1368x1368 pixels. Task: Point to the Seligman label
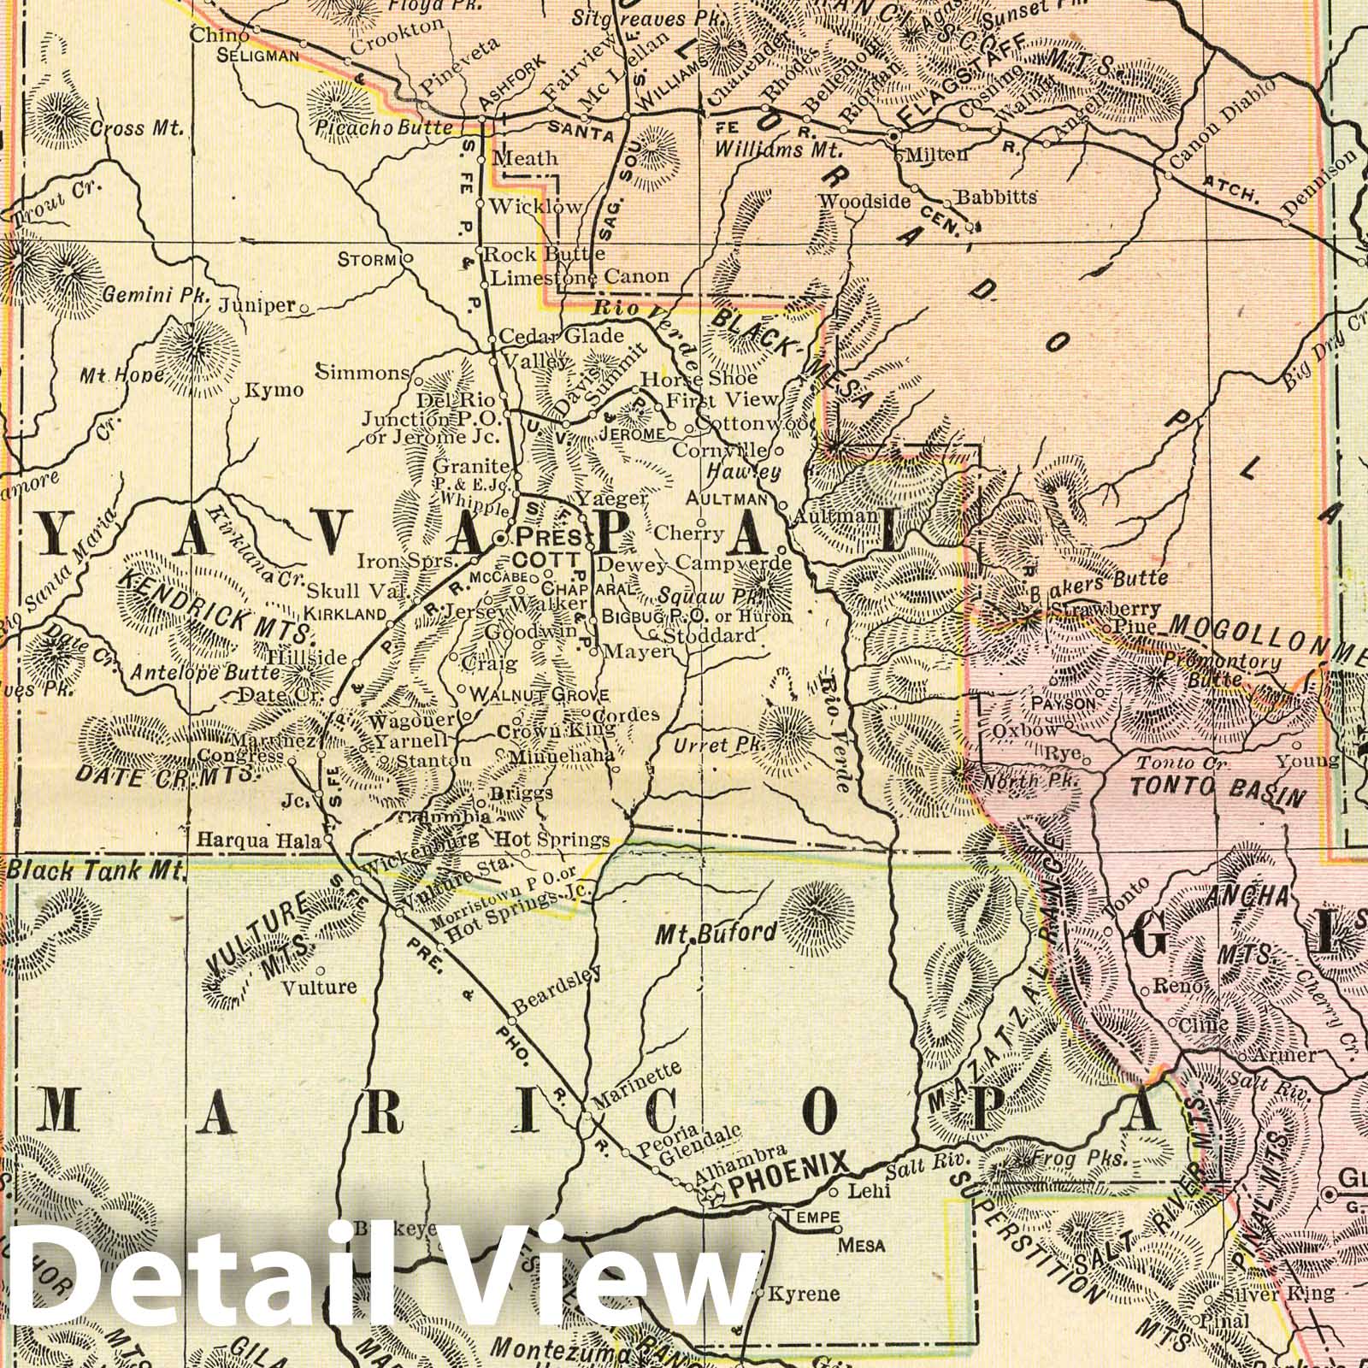[257, 56]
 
